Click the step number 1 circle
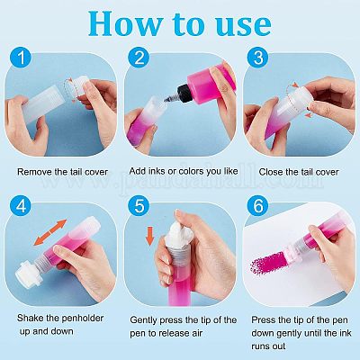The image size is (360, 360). tap(21, 57)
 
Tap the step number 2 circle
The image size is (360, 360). tap(139, 57)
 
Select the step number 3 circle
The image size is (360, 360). tap(258, 57)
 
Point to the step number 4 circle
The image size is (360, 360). tap(21, 206)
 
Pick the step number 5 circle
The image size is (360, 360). tap(139, 206)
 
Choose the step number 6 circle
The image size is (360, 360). tap(258, 206)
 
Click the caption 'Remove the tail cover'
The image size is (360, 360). tap(62, 172)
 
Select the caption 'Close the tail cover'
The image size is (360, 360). tap(299, 172)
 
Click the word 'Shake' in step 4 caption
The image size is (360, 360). tap(30, 318)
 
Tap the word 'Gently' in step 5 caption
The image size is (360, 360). tap(143, 320)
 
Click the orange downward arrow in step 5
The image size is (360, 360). tap(149, 237)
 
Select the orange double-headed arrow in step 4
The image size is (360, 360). tap(50, 232)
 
